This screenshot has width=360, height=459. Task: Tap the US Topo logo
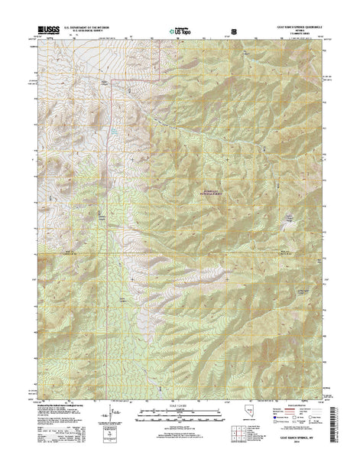point(180,33)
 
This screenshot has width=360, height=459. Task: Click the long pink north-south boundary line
point(115,229)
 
